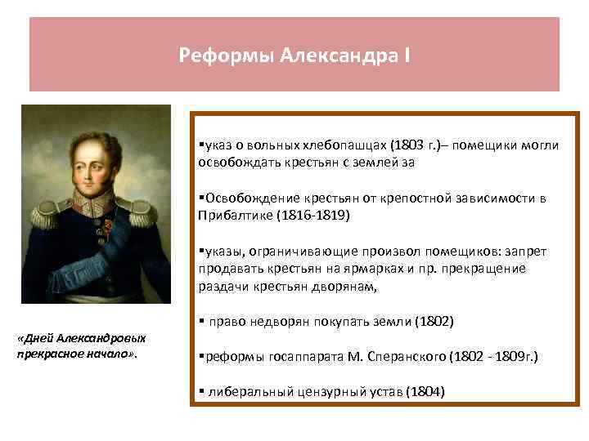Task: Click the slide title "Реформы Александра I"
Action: point(295,56)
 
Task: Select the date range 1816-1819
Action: point(315,215)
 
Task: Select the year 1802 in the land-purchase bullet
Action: point(434,321)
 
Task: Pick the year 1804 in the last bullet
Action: point(425,391)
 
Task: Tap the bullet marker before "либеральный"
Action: point(200,391)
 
